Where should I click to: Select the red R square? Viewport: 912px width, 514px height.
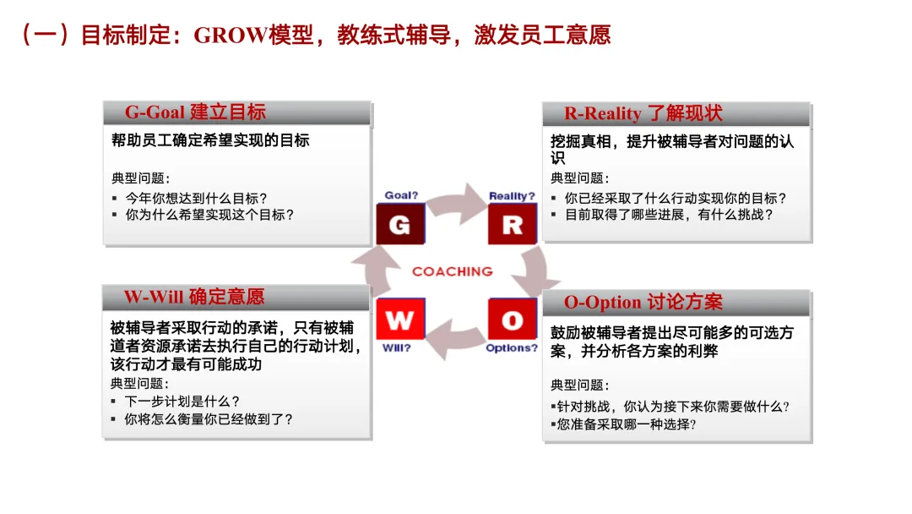pos(512,224)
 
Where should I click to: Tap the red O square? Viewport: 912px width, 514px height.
pos(512,320)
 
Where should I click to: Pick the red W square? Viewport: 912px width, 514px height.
pos(399,320)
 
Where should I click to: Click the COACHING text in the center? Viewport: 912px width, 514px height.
pos(452,271)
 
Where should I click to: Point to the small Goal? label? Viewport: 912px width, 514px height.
pos(401,195)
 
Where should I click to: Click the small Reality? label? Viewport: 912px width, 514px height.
pos(512,196)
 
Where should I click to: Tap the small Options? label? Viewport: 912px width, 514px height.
pos(512,347)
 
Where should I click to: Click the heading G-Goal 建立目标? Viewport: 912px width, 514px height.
pos(195,112)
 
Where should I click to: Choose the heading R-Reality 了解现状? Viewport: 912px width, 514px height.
pos(643,113)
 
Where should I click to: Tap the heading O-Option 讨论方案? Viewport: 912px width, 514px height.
pos(643,302)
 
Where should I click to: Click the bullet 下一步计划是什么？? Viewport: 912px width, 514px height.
pos(182,401)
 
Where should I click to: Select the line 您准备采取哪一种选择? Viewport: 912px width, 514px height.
pos(626,424)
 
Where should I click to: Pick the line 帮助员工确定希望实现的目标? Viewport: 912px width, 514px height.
pos(210,140)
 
